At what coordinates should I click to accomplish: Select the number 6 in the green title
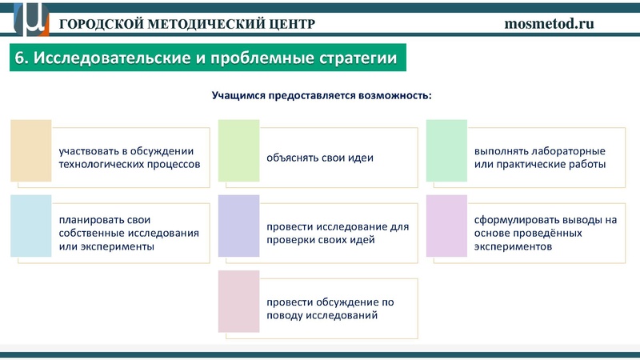[21, 59]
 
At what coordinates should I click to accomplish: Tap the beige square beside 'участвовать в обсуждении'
[30, 151]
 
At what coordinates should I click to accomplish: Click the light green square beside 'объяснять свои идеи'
[238, 151]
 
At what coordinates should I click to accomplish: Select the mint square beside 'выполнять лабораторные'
[446, 151]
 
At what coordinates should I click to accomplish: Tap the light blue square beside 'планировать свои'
[30, 227]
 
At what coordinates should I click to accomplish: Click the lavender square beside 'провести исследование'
[238, 227]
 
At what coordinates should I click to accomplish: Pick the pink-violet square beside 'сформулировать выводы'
[446, 227]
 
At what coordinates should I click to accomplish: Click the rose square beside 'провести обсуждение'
[238, 302]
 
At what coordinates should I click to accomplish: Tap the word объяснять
[291, 158]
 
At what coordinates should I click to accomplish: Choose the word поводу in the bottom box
[283, 316]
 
